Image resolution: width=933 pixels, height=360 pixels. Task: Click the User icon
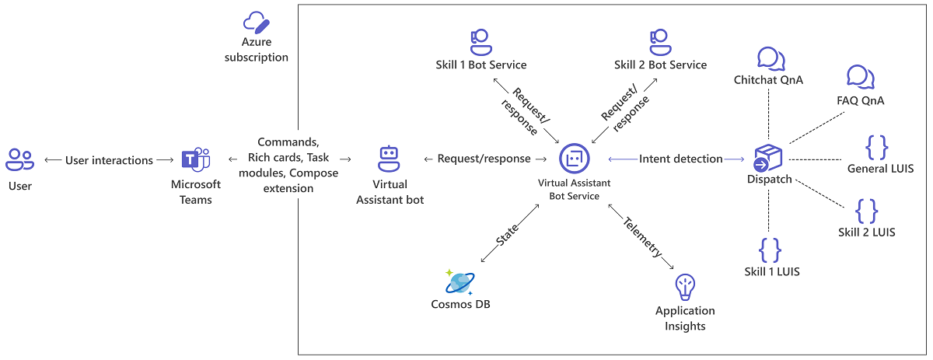pyautogui.click(x=19, y=159)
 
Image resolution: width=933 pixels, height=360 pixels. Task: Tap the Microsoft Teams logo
pyautogui.click(x=195, y=160)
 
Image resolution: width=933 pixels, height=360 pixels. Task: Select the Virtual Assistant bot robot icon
pyautogui.click(x=389, y=159)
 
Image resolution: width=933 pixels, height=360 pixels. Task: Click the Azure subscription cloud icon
pyautogui.click(x=256, y=23)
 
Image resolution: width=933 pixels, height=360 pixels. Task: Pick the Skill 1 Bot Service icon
pyautogui.click(x=480, y=39)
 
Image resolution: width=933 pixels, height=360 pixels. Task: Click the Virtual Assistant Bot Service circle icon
pyautogui.click(x=574, y=159)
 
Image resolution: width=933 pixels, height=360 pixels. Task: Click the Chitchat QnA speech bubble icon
pyautogui.click(x=768, y=58)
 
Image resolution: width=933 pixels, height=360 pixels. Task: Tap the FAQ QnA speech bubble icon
pyautogui.click(x=860, y=78)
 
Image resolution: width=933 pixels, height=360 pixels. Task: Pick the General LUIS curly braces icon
pyautogui.click(x=875, y=147)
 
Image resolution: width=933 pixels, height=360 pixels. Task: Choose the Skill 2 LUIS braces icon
pyautogui.click(x=866, y=211)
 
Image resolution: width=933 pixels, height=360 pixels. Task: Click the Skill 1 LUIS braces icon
pyautogui.click(x=769, y=250)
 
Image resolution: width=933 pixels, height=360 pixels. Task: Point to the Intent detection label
pyautogui.click(x=680, y=159)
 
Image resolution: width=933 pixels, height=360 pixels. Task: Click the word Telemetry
pyautogui.click(x=641, y=236)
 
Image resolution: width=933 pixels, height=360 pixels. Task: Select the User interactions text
pyautogui.click(x=110, y=160)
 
